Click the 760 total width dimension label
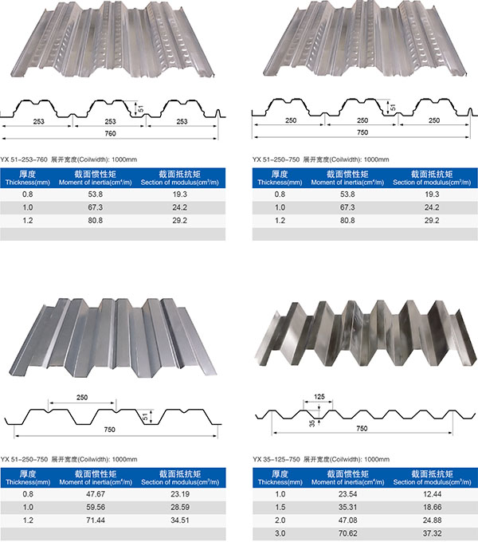click(x=110, y=133)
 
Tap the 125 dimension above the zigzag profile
click(x=319, y=397)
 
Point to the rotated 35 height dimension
click(x=312, y=423)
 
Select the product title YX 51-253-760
click(x=24, y=159)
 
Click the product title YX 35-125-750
click(x=276, y=459)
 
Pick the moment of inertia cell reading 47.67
click(x=96, y=494)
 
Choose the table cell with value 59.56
click(x=96, y=507)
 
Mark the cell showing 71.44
click(x=96, y=520)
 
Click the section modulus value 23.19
click(x=180, y=494)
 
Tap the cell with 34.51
click(x=180, y=520)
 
